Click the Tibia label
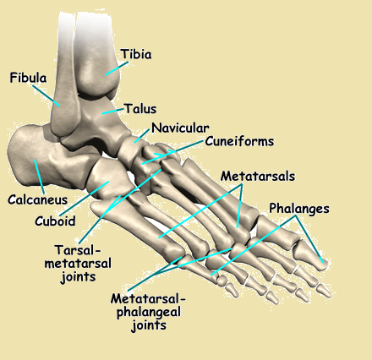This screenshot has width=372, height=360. tap(136, 54)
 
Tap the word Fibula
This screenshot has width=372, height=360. tap(28, 78)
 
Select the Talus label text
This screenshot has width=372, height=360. tap(140, 109)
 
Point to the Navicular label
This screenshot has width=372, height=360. tap(180, 128)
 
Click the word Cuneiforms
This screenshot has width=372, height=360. tap(239, 141)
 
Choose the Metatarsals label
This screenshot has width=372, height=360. tap(258, 177)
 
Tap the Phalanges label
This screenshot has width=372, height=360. tap(299, 209)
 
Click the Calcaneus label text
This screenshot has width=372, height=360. tap(38, 199)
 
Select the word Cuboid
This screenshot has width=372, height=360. tap(55, 221)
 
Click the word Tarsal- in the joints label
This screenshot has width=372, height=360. tap(78, 250)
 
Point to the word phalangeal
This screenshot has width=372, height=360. tap(149, 313)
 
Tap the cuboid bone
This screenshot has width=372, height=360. tap(108, 178)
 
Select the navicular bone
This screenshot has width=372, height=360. tap(130, 150)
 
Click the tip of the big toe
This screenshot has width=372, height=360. tap(327, 265)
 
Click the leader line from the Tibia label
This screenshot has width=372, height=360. tap(117, 68)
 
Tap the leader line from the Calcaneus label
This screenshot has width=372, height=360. tap(40, 177)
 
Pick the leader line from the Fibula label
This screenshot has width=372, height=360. tap(46, 95)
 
